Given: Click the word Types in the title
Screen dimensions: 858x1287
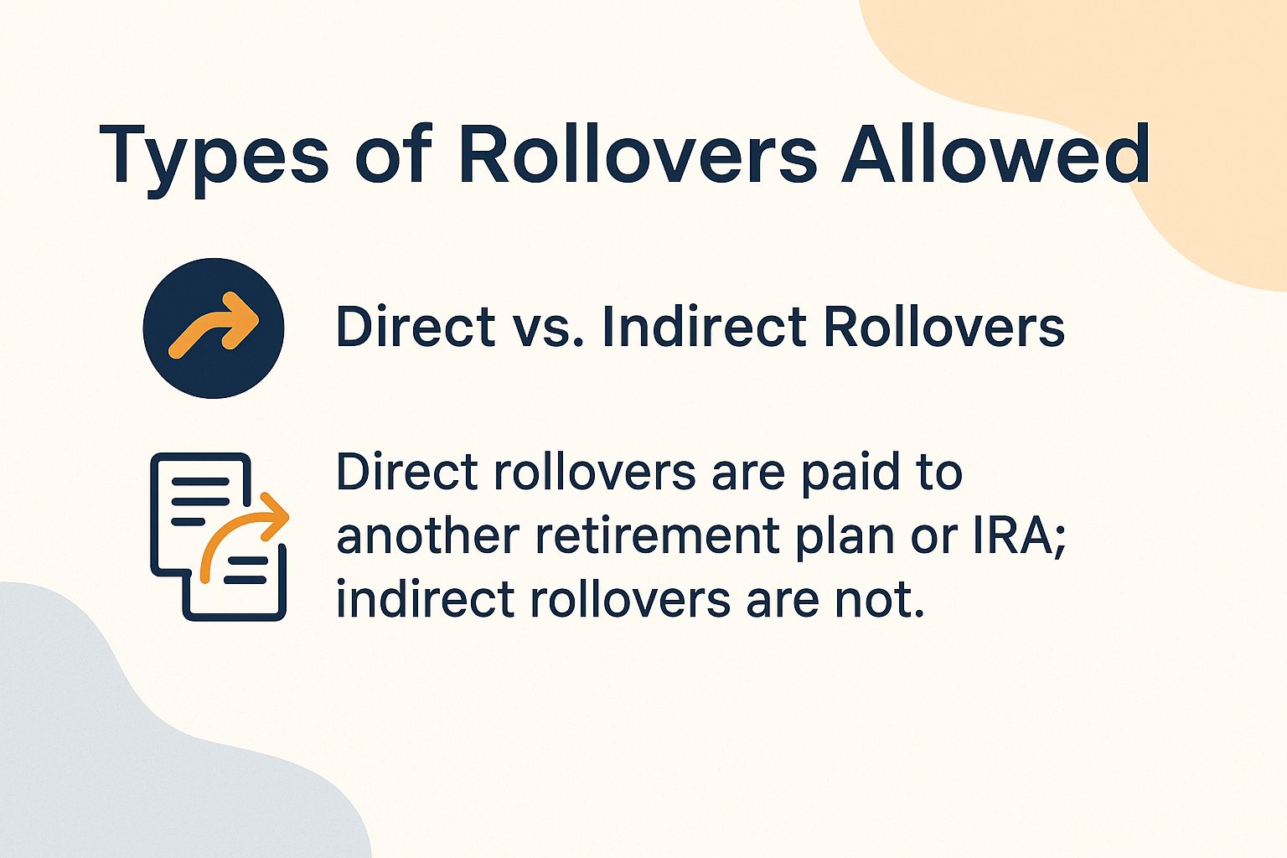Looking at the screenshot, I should tap(214, 156).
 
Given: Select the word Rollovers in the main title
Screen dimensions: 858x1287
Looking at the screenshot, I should tap(637, 154).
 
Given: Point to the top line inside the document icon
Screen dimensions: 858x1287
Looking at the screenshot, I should tap(200, 481).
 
